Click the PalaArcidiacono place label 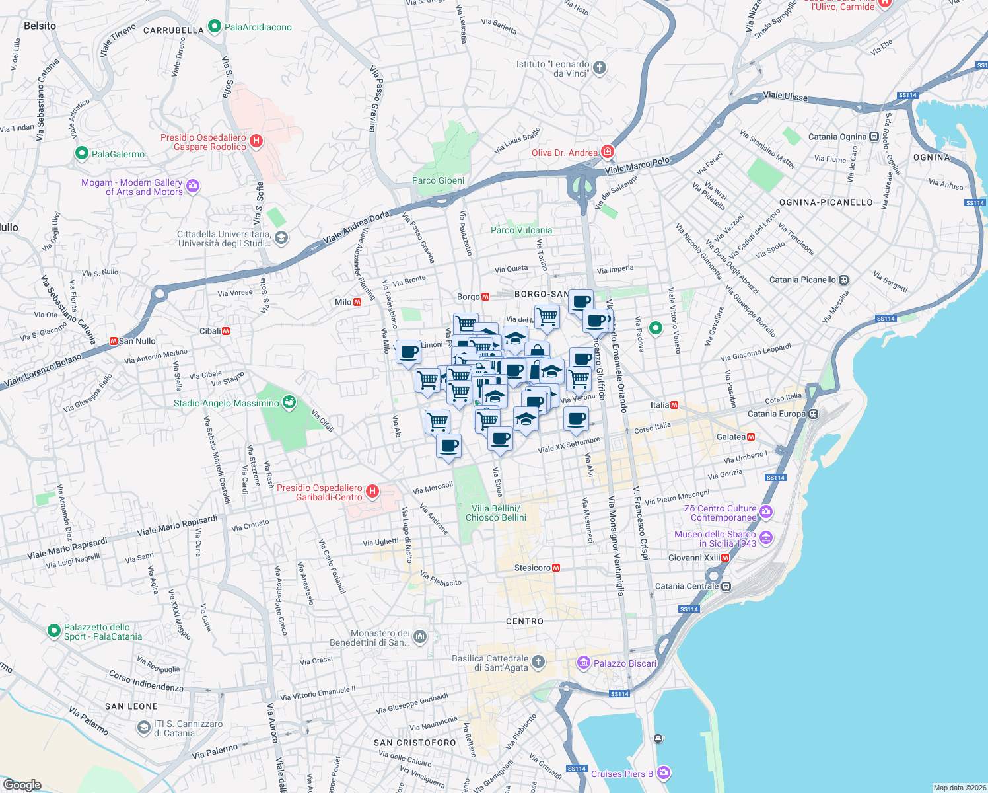pyautogui.click(x=258, y=27)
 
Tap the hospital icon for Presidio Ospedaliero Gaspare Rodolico pyautogui.click(x=257, y=141)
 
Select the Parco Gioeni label pyautogui.click(x=438, y=180)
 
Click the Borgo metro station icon pyautogui.click(x=485, y=297)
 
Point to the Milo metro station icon pyautogui.click(x=357, y=302)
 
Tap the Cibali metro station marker pyautogui.click(x=226, y=331)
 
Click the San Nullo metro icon pyautogui.click(x=113, y=341)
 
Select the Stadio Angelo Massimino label pyautogui.click(x=226, y=403)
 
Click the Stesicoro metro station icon pyautogui.click(x=556, y=568)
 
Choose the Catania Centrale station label pyautogui.click(x=687, y=586)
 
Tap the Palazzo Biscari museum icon pyautogui.click(x=583, y=663)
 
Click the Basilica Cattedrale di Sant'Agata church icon pyautogui.click(x=538, y=661)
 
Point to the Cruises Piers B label pyautogui.click(x=622, y=774)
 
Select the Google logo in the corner pyautogui.click(x=22, y=785)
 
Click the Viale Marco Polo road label pyautogui.click(x=637, y=165)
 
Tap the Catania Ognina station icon pyautogui.click(x=874, y=137)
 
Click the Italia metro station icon pyautogui.click(x=674, y=405)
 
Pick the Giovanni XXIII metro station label pyautogui.click(x=693, y=558)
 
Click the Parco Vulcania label pyautogui.click(x=521, y=230)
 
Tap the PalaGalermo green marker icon pyautogui.click(x=82, y=153)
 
